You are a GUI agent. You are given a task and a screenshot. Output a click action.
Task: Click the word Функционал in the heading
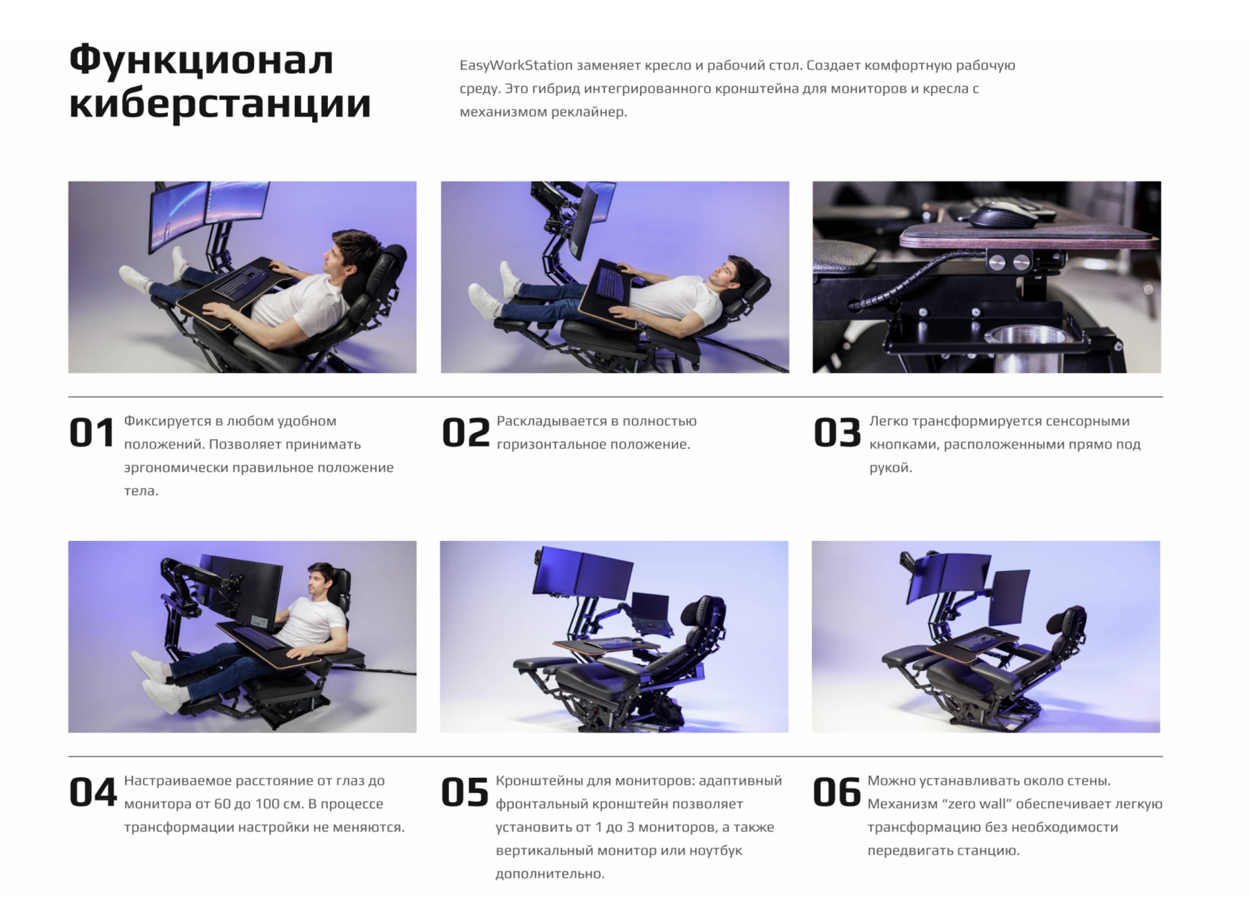click(x=201, y=60)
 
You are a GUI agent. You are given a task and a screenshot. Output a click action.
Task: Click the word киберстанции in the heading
click(x=220, y=105)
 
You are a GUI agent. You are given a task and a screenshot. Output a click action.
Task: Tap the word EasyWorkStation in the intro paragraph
click(x=516, y=65)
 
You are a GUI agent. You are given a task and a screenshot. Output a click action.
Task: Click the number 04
click(x=92, y=792)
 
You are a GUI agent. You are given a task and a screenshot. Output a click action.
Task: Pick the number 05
click(x=465, y=792)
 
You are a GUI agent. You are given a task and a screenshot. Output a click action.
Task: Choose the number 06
click(x=836, y=792)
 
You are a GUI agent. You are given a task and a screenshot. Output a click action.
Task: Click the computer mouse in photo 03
click(x=1004, y=216)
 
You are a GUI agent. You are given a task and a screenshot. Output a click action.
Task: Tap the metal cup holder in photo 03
click(x=1023, y=349)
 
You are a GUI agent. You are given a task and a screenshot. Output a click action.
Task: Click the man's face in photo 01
click(x=333, y=257)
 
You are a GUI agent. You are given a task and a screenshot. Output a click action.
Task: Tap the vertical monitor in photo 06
click(x=1010, y=597)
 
